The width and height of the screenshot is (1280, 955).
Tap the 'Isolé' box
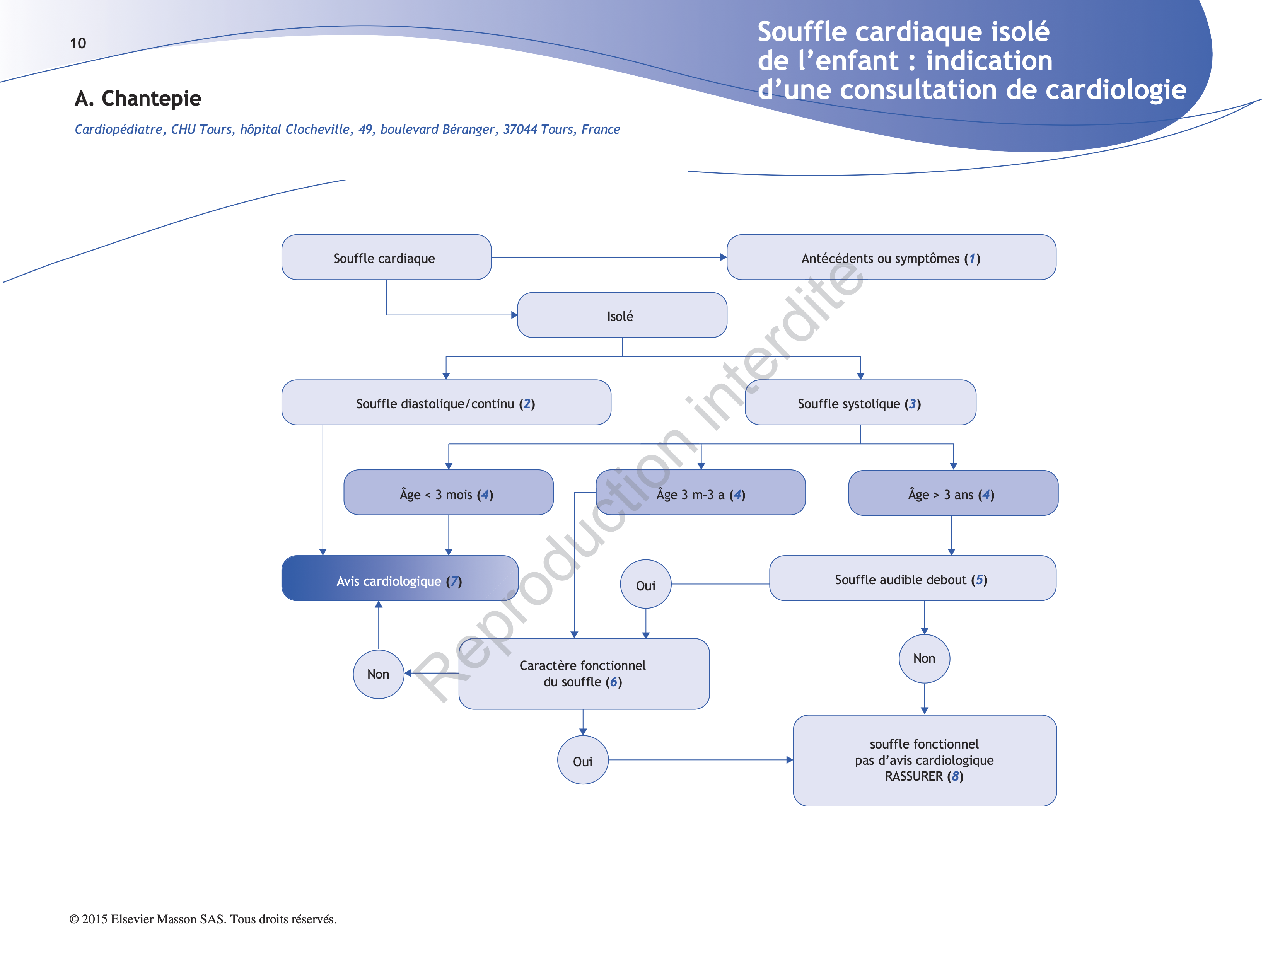621,315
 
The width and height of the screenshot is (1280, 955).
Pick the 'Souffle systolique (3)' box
860,402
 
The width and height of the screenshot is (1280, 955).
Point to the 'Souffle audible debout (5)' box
912,579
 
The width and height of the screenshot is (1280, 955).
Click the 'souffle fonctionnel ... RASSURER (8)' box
924,760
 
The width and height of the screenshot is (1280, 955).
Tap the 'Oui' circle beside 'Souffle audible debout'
645,585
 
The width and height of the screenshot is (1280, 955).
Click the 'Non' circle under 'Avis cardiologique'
378,674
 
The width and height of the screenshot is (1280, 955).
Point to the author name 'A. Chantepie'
138,98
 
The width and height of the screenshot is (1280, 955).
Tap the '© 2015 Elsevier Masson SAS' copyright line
202,919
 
